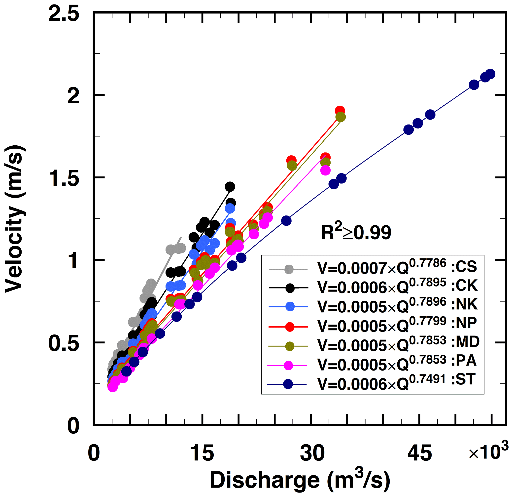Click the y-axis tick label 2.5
pos(64,14)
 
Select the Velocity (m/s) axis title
pos(15,219)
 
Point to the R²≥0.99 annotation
pos(356,232)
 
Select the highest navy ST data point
pos(490,74)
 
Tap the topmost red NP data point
pos(340,111)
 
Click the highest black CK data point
pos(230,187)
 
